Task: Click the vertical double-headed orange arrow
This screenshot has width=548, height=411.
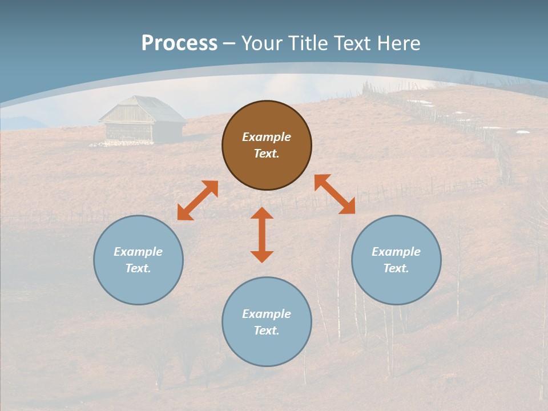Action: pyautogui.click(x=262, y=235)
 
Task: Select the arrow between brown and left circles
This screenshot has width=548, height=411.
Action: pyautogui.click(x=198, y=200)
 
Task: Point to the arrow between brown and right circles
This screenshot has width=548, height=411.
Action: pyautogui.click(x=335, y=194)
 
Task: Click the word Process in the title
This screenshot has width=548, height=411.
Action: pyautogui.click(x=179, y=43)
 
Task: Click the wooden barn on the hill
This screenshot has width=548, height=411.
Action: pyautogui.click(x=143, y=121)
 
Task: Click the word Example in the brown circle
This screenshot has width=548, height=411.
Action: pyautogui.click(x=267, y=137)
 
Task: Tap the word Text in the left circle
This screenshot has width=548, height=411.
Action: pyautogui.click(x=138, y=268)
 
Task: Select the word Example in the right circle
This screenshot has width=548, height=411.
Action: pyautogui.click(x=396, y=252)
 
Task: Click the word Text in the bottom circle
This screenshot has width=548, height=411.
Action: pyautogui.click(x=267, y=331)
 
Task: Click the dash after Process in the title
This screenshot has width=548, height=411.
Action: pyautogui.click(x=229, y=43)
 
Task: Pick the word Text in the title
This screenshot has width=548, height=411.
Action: pyautogui.click(x=351, y=43)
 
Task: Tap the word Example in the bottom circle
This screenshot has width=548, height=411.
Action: pyautogui.click(x=267, y=314)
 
